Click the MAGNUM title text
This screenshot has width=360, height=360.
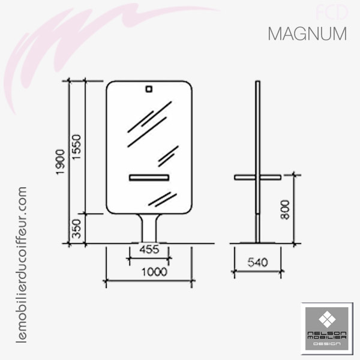click(x=307, y=34)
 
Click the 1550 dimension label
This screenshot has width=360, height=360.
click(x=76, y=148)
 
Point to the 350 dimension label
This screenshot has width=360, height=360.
click(x=76, y=229)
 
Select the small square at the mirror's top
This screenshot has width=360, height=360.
click(x=149, y=90)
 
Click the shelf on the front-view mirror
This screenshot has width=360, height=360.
click(x=149, y=177)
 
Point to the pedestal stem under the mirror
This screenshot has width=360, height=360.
click(x=149, y=228)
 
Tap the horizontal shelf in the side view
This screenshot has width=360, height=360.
click(x=257, y=176)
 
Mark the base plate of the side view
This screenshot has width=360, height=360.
click(x=257, y=242)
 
